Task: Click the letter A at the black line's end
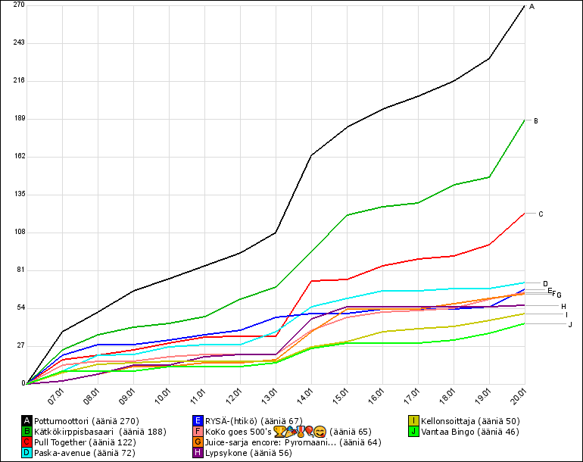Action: click(532, 7)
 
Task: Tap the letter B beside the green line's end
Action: click(536, 120)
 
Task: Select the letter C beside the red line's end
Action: click(541, 214)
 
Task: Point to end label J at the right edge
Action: click(570, 324)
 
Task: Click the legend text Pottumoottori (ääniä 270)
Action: click(86, 420)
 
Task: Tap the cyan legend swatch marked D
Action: click(27, 452)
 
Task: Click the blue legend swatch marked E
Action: click(198, 420)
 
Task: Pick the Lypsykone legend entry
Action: click(237, 452)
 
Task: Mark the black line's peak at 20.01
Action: click(525, 5)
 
